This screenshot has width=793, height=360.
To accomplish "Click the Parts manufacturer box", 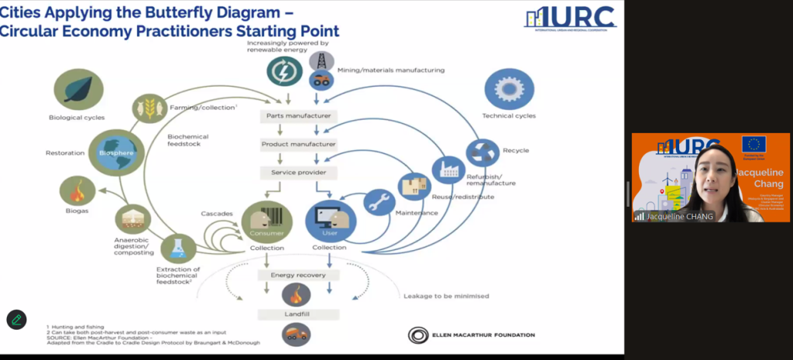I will (298, 116).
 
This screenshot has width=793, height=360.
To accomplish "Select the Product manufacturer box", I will (298, 144).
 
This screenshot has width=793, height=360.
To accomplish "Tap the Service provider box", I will (298, 172).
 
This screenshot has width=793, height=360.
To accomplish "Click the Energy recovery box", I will (298, 275).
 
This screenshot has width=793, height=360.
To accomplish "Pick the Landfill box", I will (298, 314).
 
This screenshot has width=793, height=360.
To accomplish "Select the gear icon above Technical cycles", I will (509, 90).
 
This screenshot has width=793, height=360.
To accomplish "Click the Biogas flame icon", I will (77, 190).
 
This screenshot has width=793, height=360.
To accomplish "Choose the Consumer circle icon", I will (266, 220).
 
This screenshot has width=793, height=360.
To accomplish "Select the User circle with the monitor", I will (331, 220).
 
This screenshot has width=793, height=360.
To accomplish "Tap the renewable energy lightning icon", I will (285, 71).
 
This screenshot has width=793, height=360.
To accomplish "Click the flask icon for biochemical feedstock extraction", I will (178, 249).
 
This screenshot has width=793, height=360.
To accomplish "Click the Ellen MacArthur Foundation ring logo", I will (418, 335).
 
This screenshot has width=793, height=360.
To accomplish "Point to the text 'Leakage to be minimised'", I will (445, 296).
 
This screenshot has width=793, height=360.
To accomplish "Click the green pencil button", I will (16, 319).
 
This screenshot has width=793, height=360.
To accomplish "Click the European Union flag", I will (754, 144).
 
